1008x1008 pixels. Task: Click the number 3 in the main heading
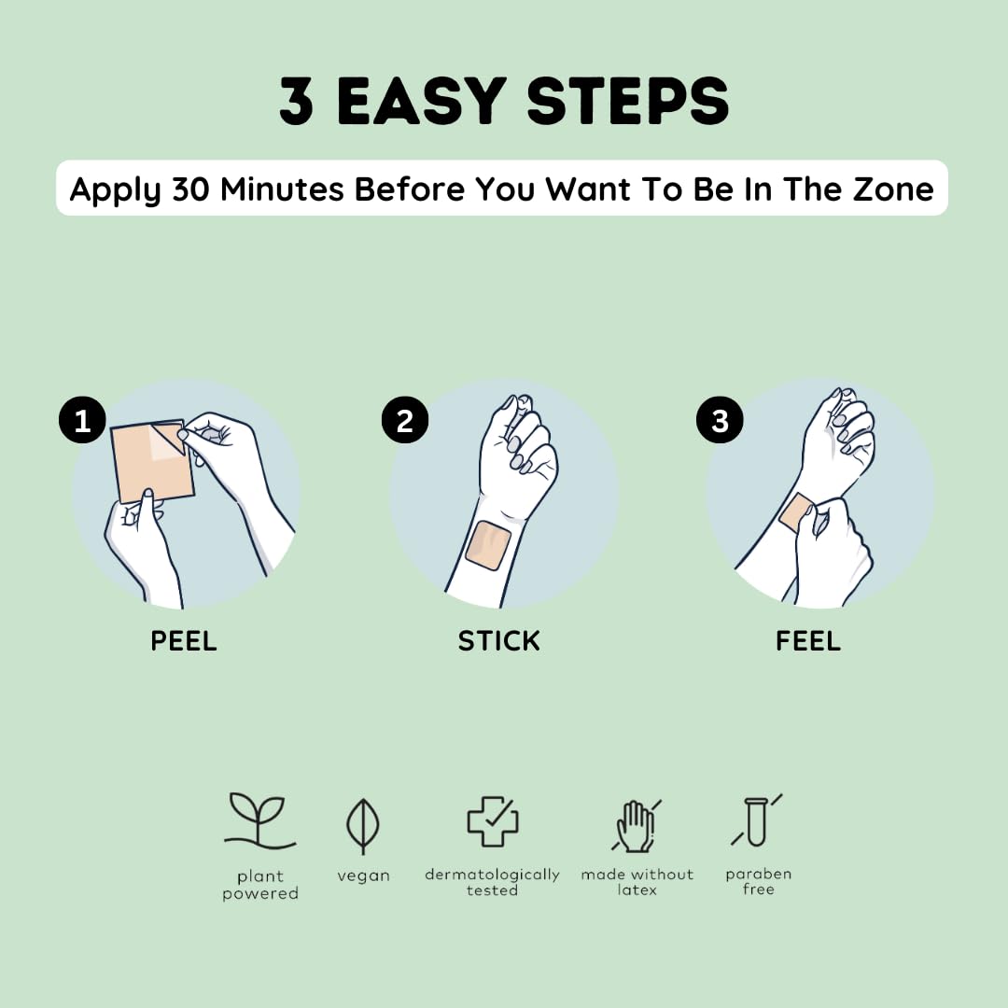click(297, 100)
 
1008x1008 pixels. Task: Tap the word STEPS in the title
click(628, 100)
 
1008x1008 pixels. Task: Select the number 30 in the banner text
click(190, 189)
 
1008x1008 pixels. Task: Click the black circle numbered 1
click(82, 420)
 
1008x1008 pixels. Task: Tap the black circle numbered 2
click(405, 420)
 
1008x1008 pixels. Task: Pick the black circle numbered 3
click(720, 420)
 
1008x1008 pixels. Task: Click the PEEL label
click(184, 641)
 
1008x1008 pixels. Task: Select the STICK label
click(498, 641)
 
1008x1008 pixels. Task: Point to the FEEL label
click(808, 641)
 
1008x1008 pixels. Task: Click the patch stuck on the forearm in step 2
click(488, 546)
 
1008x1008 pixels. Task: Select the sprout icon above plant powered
click(259, 821)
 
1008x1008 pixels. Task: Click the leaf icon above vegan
click(362, 826)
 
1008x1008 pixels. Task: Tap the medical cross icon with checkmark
click(493, 821)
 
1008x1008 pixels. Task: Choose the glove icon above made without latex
click(636, 826)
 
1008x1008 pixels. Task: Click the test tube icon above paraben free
click(757, 820)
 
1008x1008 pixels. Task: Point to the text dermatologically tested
click(493, 882)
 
